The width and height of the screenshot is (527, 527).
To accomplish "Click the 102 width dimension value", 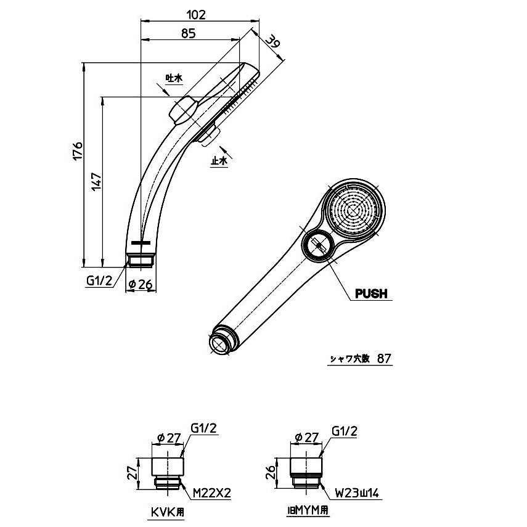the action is tap(195, 14).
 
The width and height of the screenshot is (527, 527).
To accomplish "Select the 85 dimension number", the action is tap(188, 33).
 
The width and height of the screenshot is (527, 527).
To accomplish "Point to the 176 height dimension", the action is tap(78, 151).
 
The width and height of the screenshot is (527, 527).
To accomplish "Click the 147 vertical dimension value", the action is tap(96, 182).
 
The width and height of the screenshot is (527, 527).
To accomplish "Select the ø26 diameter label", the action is tap(141, 284).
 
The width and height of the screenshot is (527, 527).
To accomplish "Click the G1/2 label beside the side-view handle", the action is tap(99, 280).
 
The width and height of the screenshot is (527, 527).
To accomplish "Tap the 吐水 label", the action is tap(174, 78).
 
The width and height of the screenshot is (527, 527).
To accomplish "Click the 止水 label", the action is tap(219, 161).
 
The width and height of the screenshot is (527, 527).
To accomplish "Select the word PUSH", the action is tap(371, 294).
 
